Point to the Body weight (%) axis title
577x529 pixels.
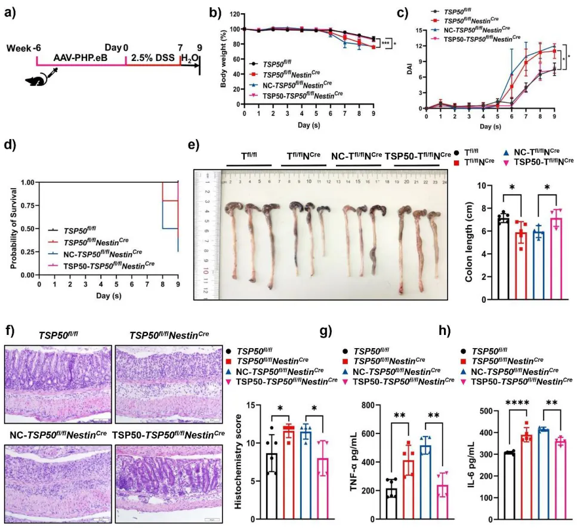[224, 59]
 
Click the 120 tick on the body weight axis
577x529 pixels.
[236, 13]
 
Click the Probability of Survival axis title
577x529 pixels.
[12, 228]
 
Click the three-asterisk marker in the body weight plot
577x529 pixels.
[386, 44]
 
